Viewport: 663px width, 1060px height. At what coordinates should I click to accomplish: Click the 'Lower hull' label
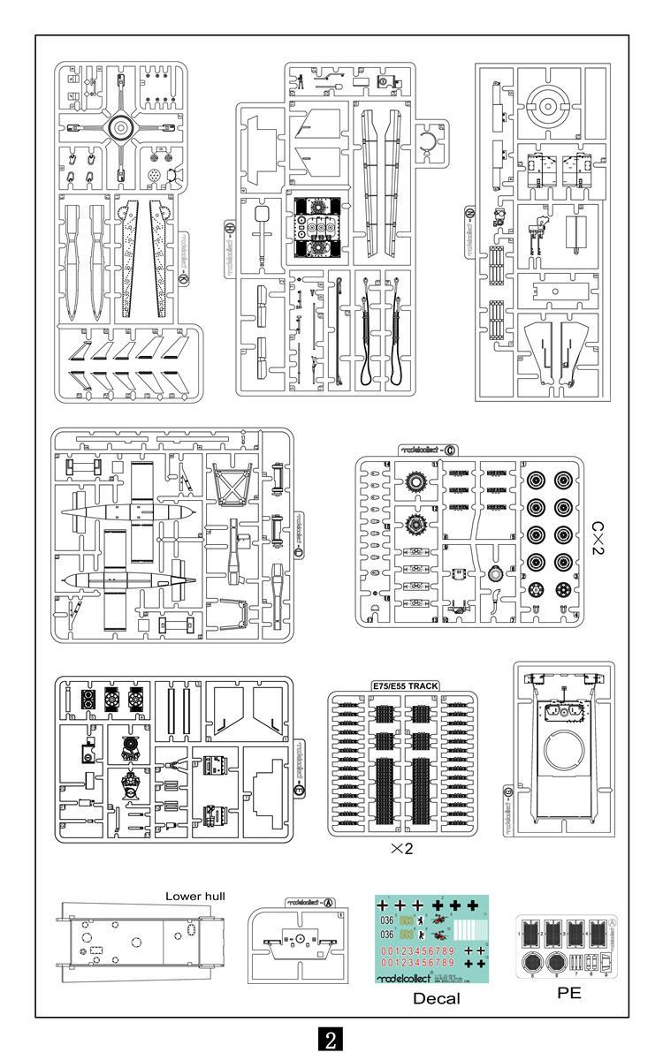click(195, 896)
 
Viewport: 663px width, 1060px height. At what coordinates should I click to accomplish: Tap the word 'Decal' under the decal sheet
click(436, 999)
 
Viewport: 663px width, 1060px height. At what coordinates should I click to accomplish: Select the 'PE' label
click(569, 993)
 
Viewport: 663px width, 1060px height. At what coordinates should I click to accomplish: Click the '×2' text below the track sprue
click(401, 849)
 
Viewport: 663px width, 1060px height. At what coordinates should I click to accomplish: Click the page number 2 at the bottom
click(331, 1039)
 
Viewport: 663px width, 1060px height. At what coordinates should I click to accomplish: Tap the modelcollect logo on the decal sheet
click(405, 978)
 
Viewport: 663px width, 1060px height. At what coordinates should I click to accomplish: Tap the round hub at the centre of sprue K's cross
click(119, 129)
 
